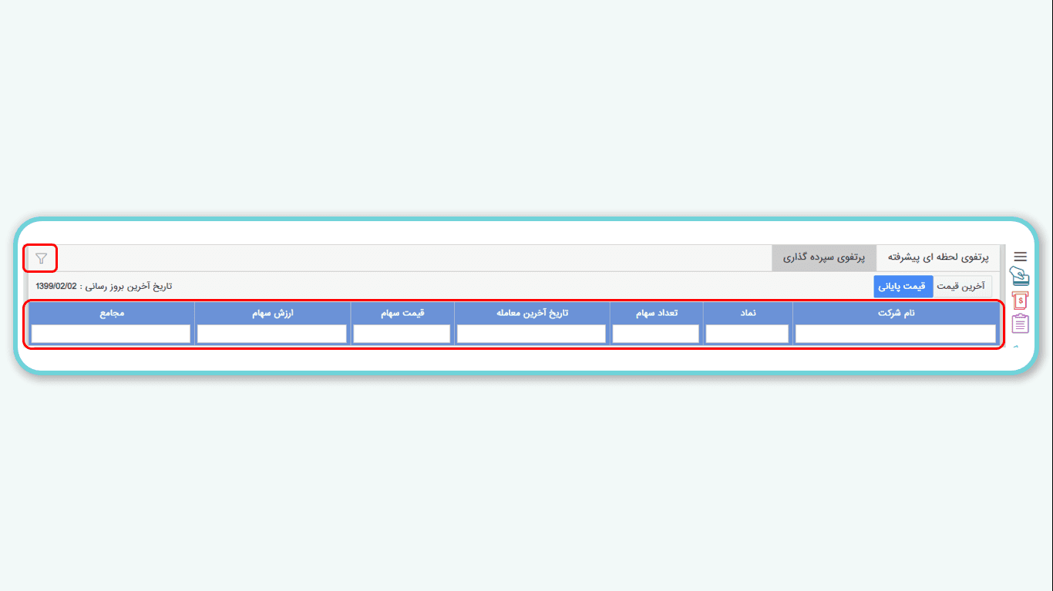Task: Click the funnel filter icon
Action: [x=42, y=258]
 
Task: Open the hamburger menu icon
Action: [x=1020, y=257]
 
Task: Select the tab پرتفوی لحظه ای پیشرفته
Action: [x=938, y=257]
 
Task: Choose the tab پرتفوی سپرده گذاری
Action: [x=823, y=257]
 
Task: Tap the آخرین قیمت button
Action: [x=960, y=286]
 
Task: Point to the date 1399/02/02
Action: [x=56, y=286]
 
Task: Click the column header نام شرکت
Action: [x=896, y=313]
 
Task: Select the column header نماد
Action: [x=748, y=313]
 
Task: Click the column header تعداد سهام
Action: [x=657, y=313]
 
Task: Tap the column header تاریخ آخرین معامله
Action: [x=532, y=313]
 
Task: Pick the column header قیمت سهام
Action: [x=402, y=313]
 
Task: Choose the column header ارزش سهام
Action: [x=273, y=313]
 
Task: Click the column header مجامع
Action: [x=112, y=313]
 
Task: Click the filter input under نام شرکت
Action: [x=895, y=334]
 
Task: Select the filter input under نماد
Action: [x=747, y=334]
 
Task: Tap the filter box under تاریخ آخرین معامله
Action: [x=531, y=334]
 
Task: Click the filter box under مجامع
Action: [x=110, y=334]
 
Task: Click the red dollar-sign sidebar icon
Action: [x=1020, y=301]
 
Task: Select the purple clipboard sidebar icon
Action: [x=1020, y=324]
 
